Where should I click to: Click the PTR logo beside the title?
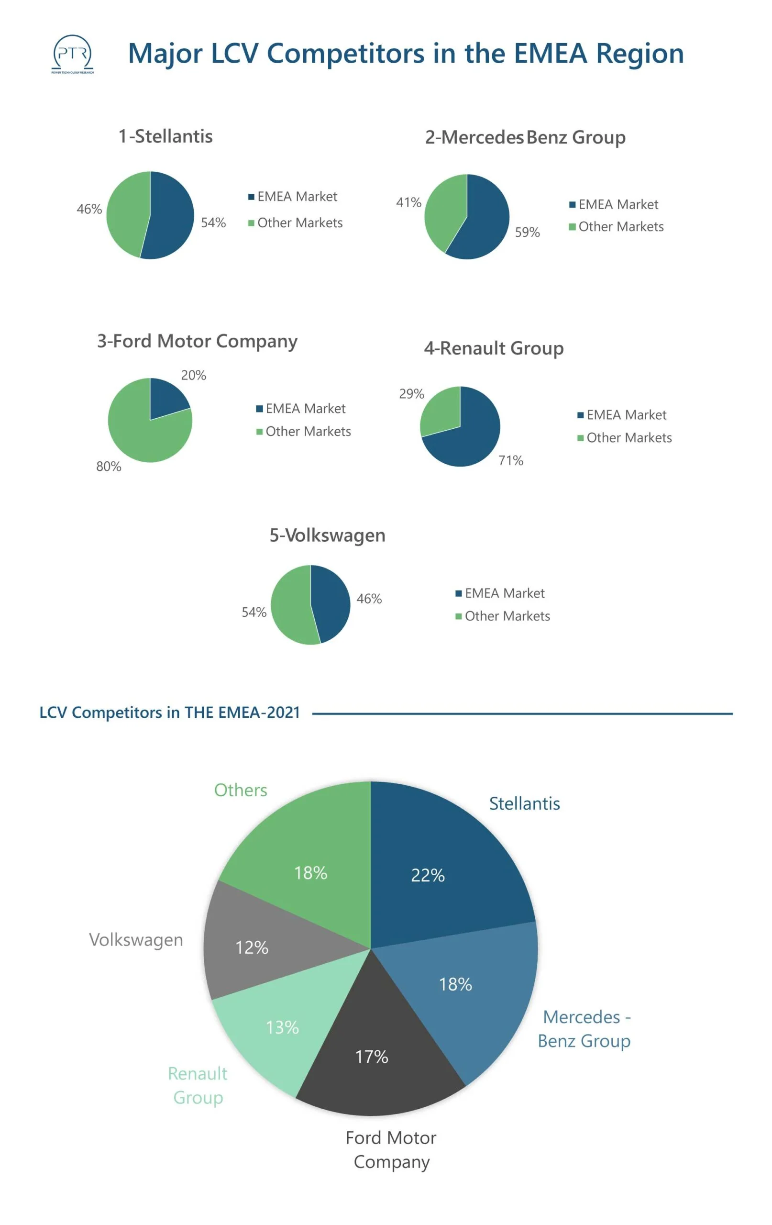[72, 54]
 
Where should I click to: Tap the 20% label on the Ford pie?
[193, 376]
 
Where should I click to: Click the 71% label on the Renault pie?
[510, 460]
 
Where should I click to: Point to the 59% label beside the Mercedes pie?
[528, 233]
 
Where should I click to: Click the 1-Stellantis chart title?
[166, 136]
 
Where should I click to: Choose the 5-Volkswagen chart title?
[327, 535]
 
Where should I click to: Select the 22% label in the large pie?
[428, 876]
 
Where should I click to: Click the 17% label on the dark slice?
[371, 1057]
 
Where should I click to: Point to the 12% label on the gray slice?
[252, 947]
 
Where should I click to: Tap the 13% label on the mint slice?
[282, 1027]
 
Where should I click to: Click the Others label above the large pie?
[241, 790]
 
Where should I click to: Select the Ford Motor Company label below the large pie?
[391, 1149]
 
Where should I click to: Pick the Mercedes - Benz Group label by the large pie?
[585, 1028]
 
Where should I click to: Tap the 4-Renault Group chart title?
[494, 348]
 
